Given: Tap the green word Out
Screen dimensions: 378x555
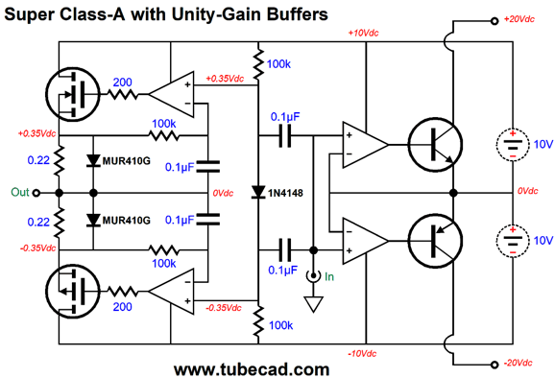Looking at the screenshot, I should point(20,192).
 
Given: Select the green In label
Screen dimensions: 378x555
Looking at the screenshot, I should point(330,277).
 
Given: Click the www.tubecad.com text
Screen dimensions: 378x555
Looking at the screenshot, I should point(252,368).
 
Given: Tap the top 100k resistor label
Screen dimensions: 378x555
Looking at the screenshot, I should point(279,63).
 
